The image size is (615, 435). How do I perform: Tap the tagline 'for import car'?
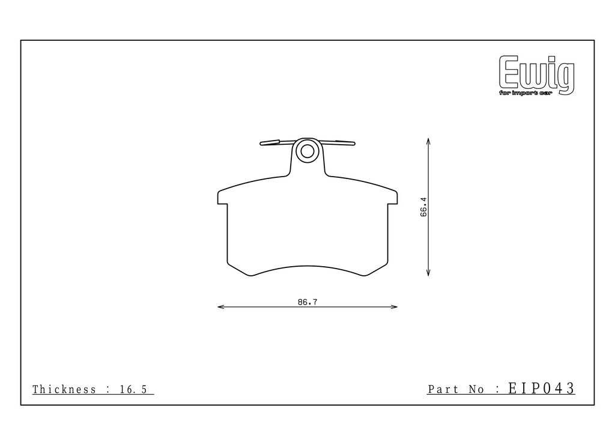[525, 93]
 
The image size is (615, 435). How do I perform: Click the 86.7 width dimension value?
[307, 302]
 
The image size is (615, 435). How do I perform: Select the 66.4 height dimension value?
[423, 207]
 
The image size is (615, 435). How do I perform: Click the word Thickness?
[64, 389]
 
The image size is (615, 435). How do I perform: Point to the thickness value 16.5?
[133, 389]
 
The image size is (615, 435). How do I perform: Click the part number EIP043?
[541, 388]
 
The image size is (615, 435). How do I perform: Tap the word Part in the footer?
[443, 389]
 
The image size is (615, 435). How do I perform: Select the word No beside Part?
[476, 389]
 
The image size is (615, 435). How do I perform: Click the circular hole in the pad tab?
[307, 151]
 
